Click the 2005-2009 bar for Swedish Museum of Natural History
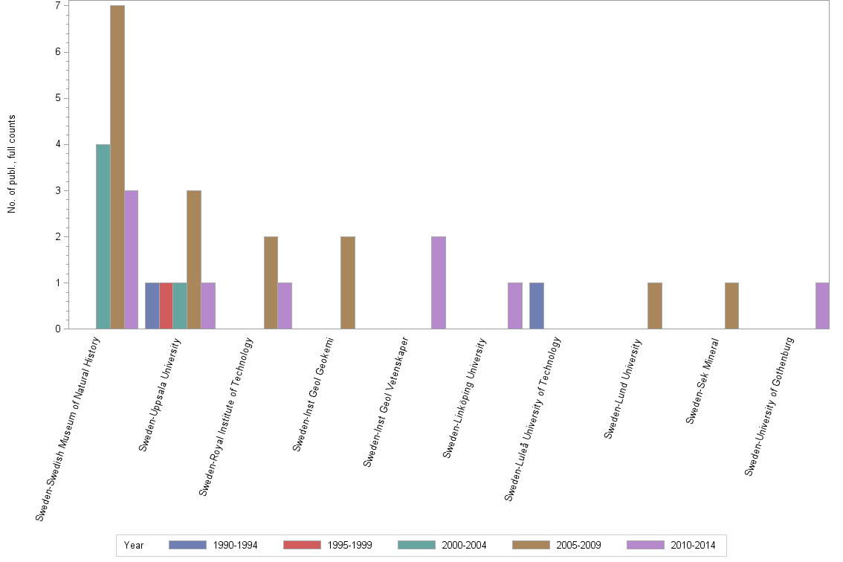pyautogui.click(x=117, y=167)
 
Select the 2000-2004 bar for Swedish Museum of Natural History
pyautogui.click(x=103, y=236)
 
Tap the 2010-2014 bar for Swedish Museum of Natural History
pyautogui.click(x=131, y=259)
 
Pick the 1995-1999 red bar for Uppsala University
pyautogui.click(x=166, y=306)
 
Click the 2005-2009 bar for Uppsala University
pyautogui.click(x=193, y=259)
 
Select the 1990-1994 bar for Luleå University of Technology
pyautogui.click(x=536, y=306)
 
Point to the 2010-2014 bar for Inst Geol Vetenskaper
pyautogui.click(x=439, y=282)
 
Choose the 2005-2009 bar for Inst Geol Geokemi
pyautogui.click(x=347, y=282)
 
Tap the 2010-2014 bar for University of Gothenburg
pyautogui.click(x=822, y=306)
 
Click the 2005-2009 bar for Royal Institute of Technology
pyautogui.click(x=271, y=282)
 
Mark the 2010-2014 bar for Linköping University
pyautogui.click(x=515, y=306)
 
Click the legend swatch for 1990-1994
pyautogui.click(x=187, y=545)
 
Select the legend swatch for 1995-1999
pyautogui.click(x=302, y=545)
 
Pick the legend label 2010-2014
pyautogui.click(x=693, y=546)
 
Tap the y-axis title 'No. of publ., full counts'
pyautogui.click(x=12, y=164)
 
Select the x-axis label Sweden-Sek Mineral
pyautogui.click(x=702, y=381)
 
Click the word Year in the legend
pyautogui.click(x=134, y=546)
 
